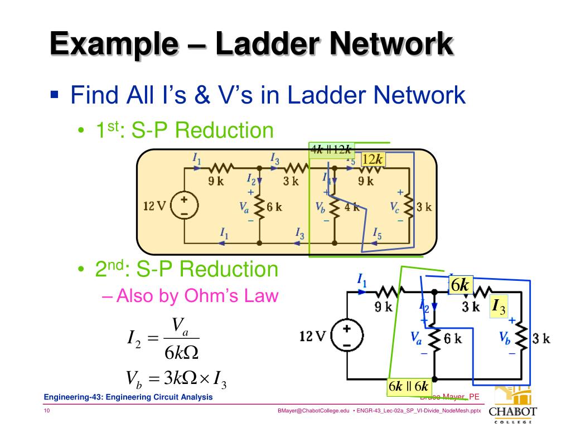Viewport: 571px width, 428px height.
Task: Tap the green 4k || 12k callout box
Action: coord(331,149)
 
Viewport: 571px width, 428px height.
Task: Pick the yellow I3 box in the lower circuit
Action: coord(498,307)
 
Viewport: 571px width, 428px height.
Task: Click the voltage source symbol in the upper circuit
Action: coord(183,206)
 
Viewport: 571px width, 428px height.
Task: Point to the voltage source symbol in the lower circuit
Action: coord(346,337)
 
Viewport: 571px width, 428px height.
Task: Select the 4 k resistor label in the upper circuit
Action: coord(352,207)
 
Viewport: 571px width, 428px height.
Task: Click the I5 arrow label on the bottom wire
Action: coord(377,232)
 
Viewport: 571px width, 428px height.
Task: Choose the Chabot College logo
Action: coord(512,405)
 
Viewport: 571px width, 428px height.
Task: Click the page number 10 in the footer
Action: coord(47,411)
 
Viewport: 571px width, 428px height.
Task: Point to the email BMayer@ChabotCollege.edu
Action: coord(313,411)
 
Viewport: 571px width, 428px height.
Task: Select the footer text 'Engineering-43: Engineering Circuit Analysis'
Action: coord(128,397)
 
